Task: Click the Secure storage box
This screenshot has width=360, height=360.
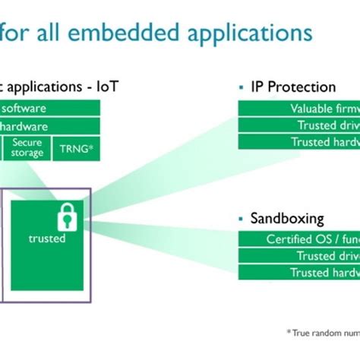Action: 27,148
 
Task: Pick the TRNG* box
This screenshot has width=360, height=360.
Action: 77,149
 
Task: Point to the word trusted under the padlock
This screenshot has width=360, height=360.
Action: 47,238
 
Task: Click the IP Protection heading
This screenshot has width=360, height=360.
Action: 293,87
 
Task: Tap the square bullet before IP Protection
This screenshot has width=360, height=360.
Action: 242,87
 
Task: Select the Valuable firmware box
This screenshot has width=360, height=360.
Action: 299,108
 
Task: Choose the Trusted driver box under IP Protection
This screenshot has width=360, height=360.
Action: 299,125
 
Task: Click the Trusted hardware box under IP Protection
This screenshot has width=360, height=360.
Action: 299,141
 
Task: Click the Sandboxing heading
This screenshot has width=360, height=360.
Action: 287,219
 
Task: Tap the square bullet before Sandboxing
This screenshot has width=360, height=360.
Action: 242,219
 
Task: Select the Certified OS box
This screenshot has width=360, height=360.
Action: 299,239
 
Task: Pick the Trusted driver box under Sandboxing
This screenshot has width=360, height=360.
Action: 299,256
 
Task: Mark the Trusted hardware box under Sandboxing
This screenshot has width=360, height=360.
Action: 299,273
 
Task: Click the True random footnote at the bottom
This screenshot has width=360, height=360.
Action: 322,332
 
